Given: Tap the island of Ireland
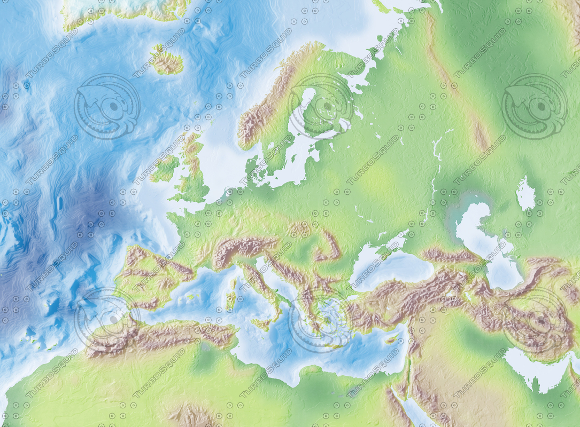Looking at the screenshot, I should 165,168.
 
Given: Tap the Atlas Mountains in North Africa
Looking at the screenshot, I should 160,334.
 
